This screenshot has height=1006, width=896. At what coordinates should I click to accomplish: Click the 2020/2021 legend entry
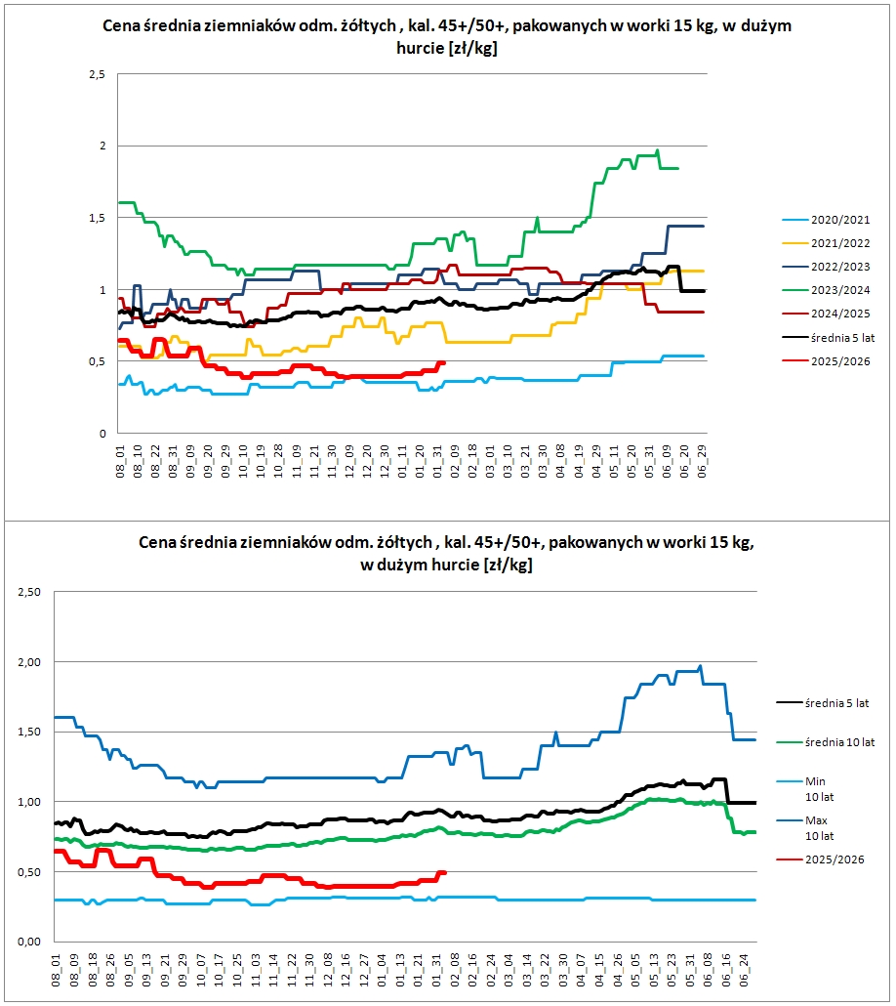point(826,220)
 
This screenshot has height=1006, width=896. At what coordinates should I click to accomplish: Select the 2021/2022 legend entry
point(826,244)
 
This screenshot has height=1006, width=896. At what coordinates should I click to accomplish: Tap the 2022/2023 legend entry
point(826,267)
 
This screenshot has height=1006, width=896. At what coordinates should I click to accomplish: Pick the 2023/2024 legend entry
point(826,291)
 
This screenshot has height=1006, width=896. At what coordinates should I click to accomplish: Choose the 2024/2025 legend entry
point(826,314)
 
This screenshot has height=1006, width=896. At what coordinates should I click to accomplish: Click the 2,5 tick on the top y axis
point(98,74)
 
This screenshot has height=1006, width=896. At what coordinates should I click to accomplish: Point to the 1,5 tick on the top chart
point(98,218)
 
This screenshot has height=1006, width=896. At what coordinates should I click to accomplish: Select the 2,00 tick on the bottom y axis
point(29,662)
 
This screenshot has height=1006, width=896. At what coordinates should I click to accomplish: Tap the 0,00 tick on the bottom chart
point(29,942)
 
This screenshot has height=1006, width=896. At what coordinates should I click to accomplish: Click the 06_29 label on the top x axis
point(703,461)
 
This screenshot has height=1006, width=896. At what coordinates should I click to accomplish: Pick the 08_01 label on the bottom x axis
point(56,970)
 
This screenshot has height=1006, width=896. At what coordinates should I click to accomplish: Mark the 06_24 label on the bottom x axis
point(744,970)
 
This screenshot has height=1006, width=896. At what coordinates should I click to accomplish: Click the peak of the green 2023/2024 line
point(658,150)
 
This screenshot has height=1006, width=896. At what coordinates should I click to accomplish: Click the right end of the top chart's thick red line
point(444,363)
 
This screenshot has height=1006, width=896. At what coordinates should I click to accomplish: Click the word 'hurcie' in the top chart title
point(420,48)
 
